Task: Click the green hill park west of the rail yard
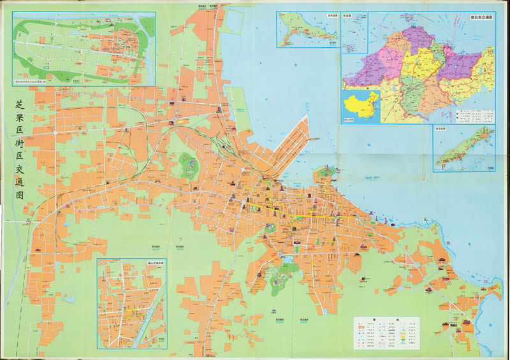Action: click(189, 167)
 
